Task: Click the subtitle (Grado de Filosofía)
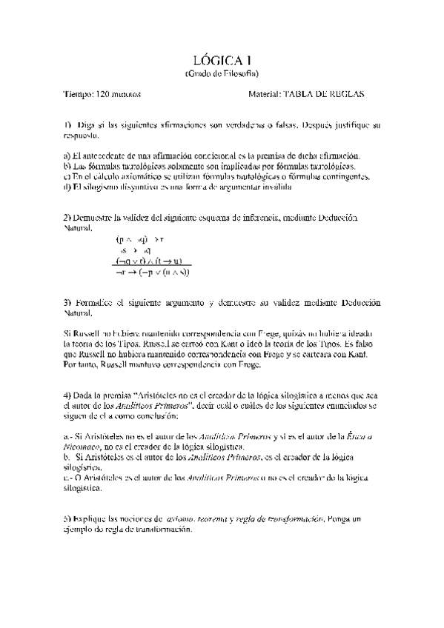221,74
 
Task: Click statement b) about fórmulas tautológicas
210,167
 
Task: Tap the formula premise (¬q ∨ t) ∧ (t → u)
152,261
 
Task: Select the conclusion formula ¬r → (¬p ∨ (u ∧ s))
153,272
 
